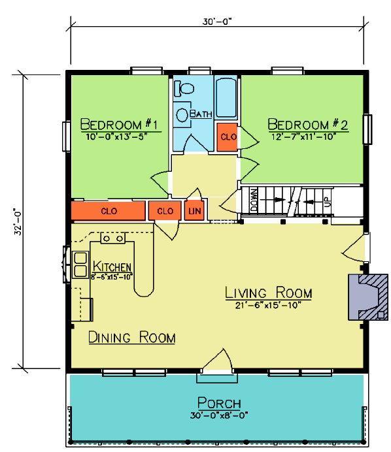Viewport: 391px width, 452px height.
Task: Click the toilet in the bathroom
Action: coord(184,88)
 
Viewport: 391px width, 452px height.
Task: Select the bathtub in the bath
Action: coord(226,97)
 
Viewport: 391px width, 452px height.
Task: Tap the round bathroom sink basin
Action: coord(182,115)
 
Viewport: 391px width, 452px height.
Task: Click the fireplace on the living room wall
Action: coord(368,297)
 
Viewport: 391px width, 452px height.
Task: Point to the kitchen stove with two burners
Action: coord(113,238)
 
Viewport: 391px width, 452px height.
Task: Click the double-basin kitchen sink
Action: coord(80,265)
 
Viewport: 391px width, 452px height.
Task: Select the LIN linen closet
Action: coord(194,211)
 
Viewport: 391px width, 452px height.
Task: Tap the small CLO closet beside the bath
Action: coord(228,137)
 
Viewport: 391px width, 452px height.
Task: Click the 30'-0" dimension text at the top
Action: coord(217,22)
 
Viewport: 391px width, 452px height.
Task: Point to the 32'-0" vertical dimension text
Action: coord(18,221)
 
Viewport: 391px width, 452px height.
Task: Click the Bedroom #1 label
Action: coord(119,125)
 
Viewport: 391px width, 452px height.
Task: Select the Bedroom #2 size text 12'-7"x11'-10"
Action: coord(304,137)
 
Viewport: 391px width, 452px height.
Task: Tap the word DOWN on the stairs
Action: coord(254,200)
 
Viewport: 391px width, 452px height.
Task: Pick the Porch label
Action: coord(219,403)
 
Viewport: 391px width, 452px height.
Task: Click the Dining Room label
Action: coord(132,337)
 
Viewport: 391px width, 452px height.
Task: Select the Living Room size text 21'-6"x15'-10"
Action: coord(268,305)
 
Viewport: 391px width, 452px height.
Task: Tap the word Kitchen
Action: coord(112,266)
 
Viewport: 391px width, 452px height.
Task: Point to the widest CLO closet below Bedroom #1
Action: coord(108,211)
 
